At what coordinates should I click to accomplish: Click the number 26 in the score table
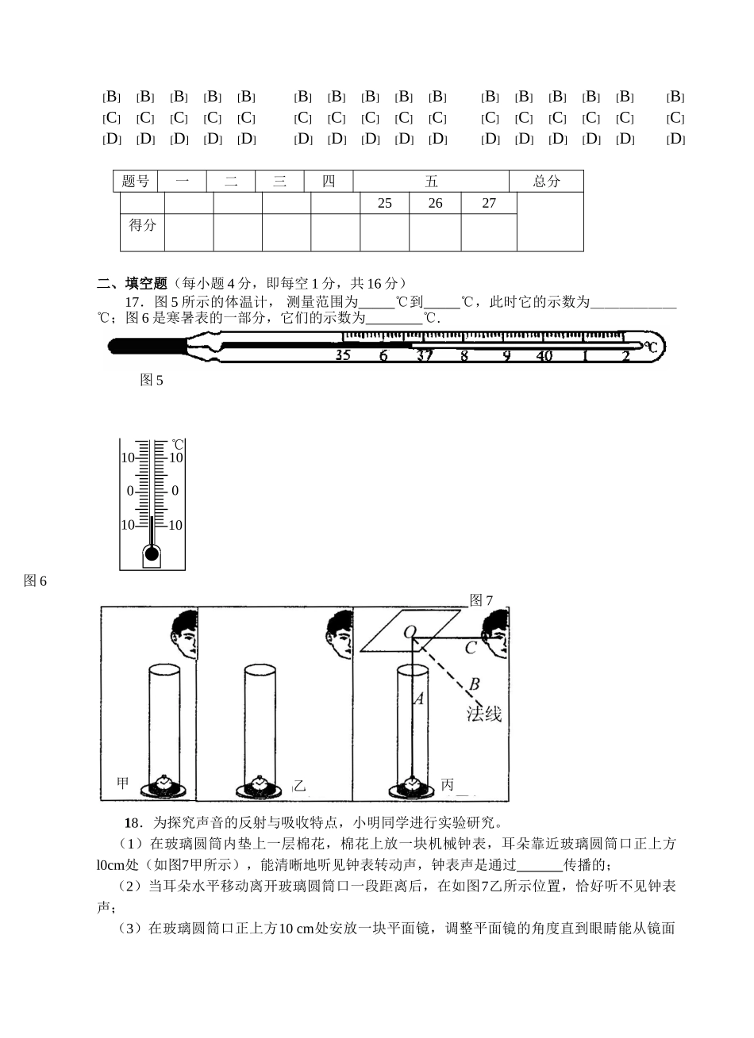435,204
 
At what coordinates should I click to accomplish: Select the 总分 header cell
546,181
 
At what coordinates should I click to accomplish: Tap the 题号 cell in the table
136,181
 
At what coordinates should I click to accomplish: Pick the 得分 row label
143,224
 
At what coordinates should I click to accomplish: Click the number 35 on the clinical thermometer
343,355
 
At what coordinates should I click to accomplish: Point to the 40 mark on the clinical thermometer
544,355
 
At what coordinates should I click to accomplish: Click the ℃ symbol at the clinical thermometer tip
651,347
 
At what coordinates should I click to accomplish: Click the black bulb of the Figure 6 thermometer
152,553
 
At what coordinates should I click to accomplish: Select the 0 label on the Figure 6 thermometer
131,491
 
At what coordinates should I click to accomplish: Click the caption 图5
151,381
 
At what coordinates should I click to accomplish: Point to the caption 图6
36,581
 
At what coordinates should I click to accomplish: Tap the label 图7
482,600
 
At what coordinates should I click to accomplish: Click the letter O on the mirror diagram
410,632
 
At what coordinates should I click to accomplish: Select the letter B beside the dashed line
474,684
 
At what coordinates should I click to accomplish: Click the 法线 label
483,713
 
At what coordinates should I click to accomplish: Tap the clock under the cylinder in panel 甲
164,784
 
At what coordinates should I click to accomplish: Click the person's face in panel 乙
342,634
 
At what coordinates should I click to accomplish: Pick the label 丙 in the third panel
448,784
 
